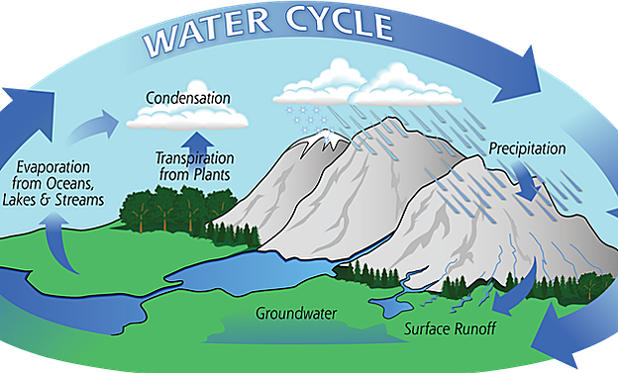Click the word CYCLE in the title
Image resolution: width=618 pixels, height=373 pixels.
pos(343,26)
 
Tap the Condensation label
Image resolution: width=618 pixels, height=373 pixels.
pos(188,98)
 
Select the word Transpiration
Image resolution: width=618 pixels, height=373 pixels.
pos(194,158)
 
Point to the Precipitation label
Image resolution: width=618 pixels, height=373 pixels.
pos(527,149)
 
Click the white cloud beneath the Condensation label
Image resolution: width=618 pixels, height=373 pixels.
pos(188,119)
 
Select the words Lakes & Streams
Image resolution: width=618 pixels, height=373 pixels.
pos(59,201)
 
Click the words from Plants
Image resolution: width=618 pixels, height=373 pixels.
pos(194,175)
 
